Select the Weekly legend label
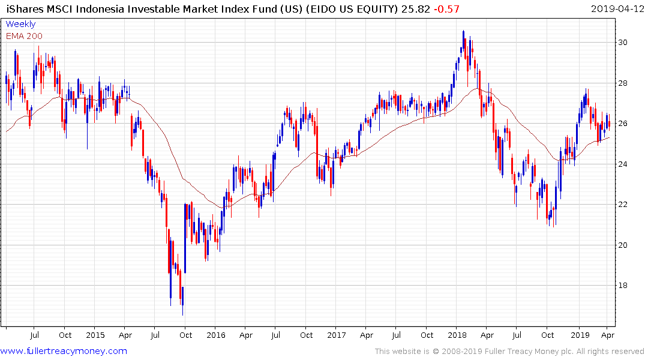tap(20, 24)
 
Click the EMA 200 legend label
tap(24, 36)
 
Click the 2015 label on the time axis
tap(95, 335)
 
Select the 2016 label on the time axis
tap(215, 335)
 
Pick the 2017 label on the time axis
tap(336, 335)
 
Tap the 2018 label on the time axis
tap(457, 335)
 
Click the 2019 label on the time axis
tap(580, 335)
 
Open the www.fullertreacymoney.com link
tap(64, 351)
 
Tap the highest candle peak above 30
tap(463, 31)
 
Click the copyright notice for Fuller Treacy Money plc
tap(509, 352)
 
